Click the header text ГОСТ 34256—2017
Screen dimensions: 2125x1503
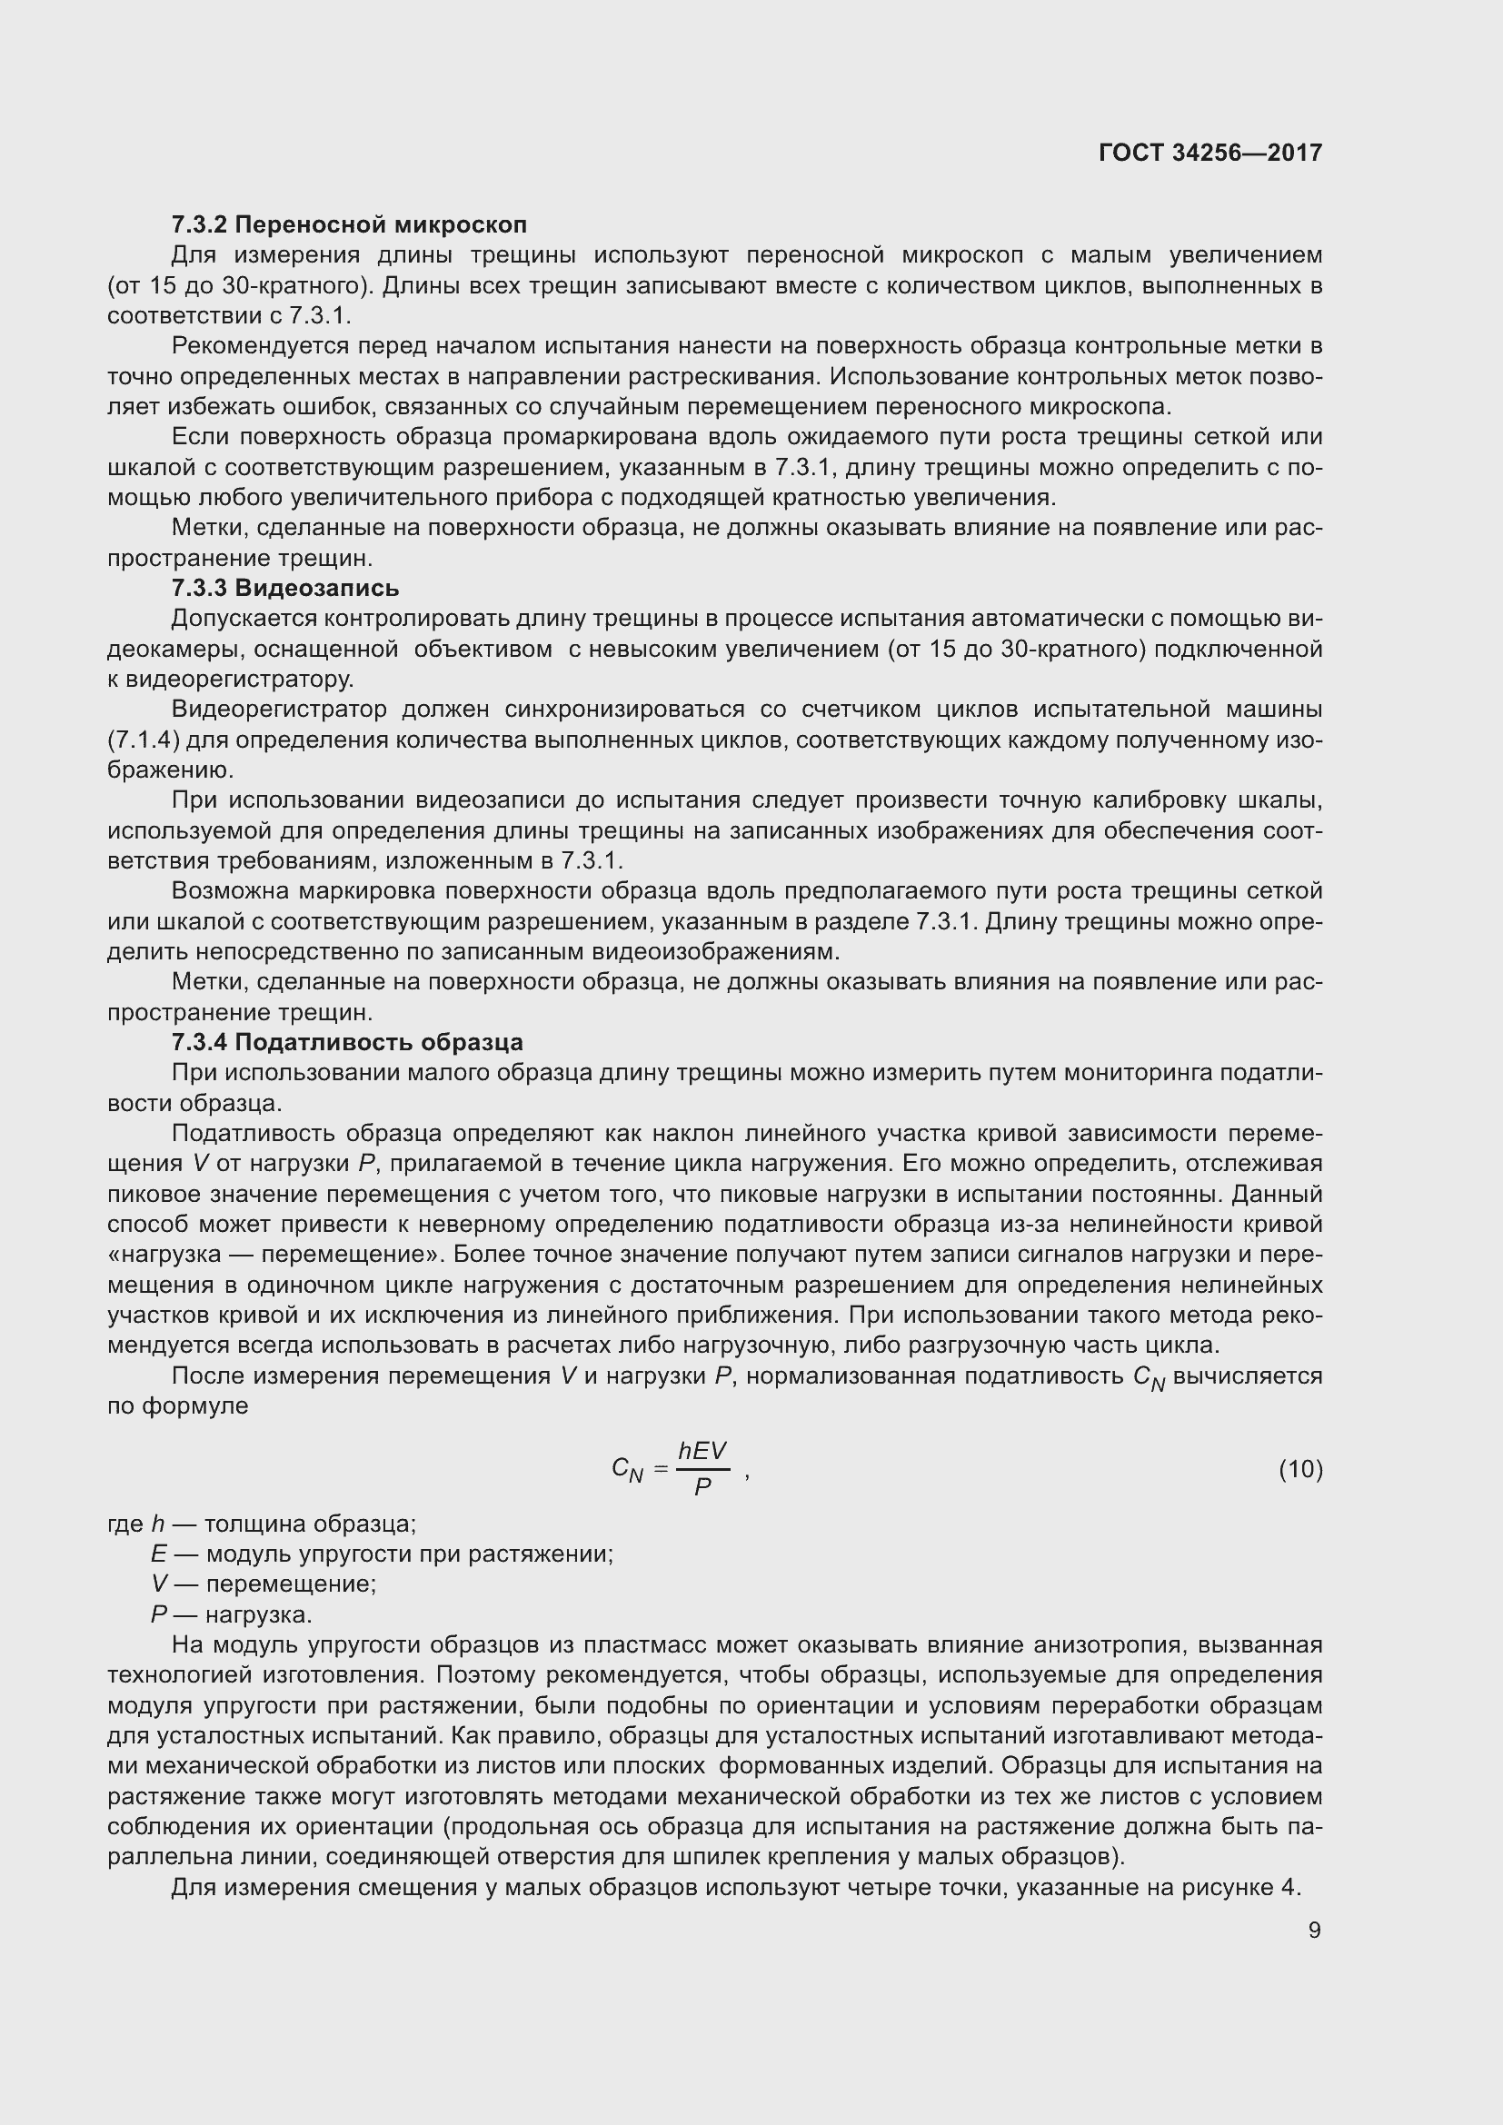click(x=1209, y=153)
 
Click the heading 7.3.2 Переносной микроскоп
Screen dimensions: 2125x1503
click(x=349, y=225)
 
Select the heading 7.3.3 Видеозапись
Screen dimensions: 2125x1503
click(x=285, y=588)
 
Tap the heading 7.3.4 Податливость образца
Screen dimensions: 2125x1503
click(x=347, y=1042)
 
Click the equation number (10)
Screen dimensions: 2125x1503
click(x=1300, y=1469)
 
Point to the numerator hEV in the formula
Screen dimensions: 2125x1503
click(x=702, y=1451)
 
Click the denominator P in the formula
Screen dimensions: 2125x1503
click(x=702, y=1487)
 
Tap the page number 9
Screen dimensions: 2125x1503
click(x=1314, y=1930)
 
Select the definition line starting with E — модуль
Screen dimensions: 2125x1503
click(x=382, y=1554)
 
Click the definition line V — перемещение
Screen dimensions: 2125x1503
click(x=264, y=1584)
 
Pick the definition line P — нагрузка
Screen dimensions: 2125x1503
click(x=232, y=1614)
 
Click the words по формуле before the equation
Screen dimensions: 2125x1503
click(x=178, y=1405)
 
